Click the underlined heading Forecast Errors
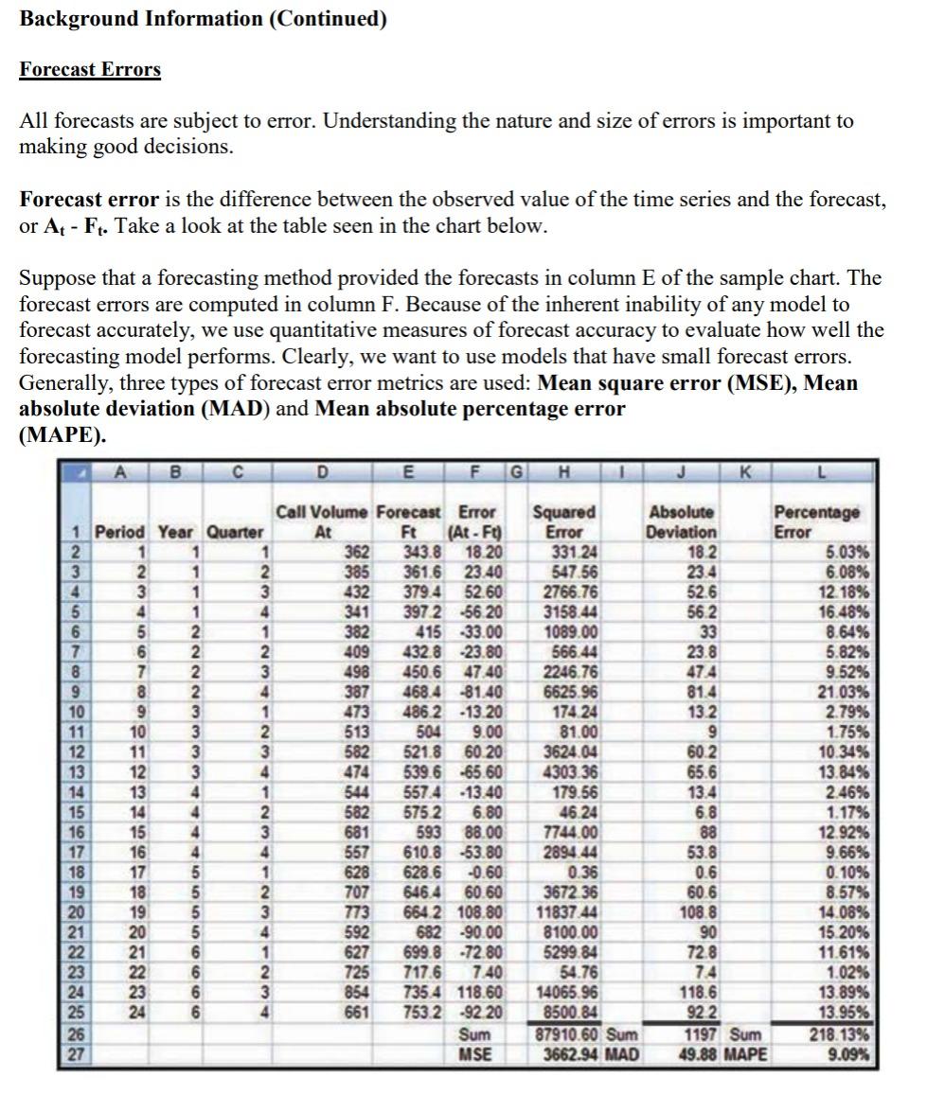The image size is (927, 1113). click(x=90, y=70)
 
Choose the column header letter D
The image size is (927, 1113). click(x=322, y=472)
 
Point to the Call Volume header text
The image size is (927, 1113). click(x=323, y=512)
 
